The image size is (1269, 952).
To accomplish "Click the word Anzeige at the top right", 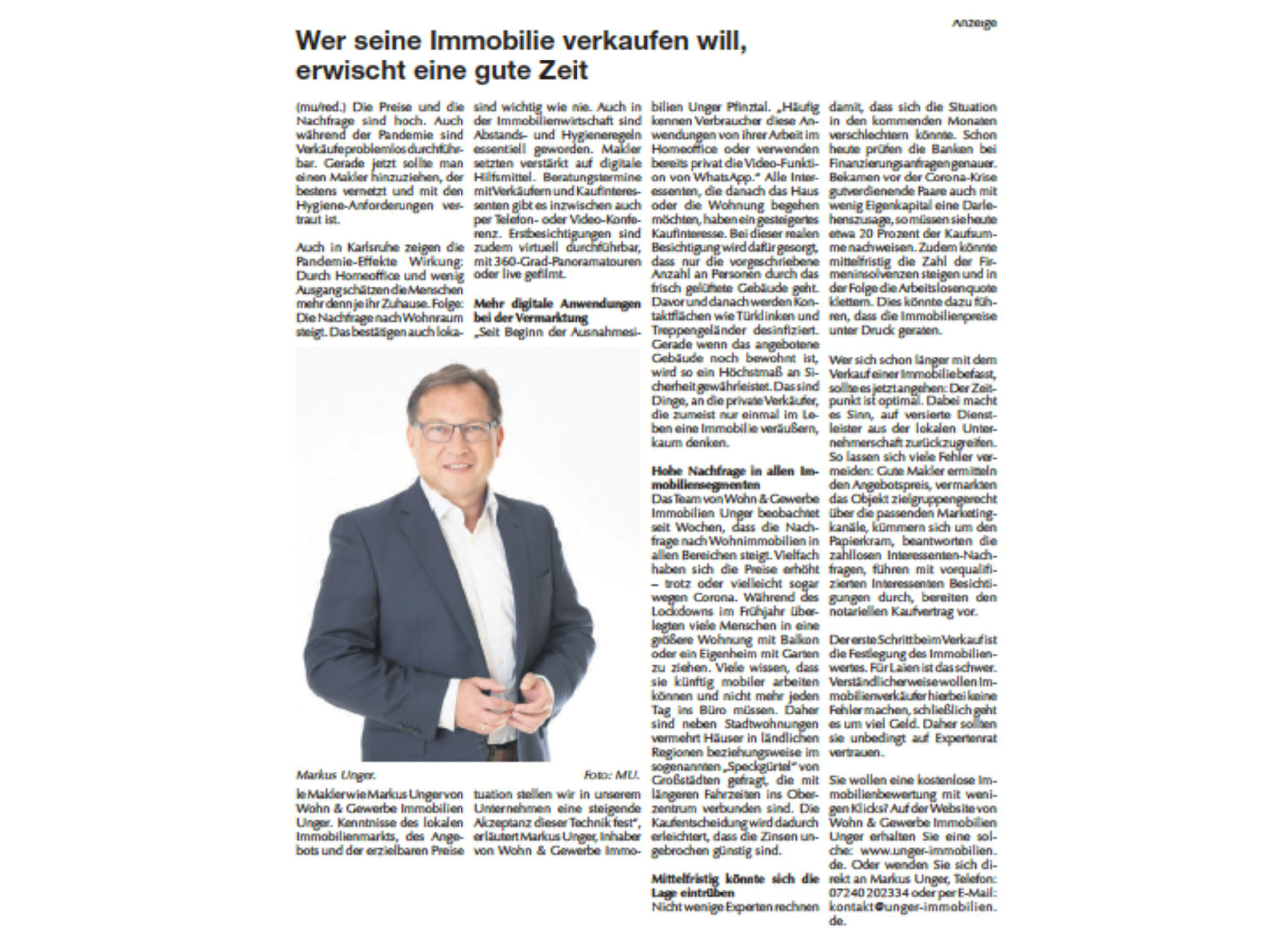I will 974,23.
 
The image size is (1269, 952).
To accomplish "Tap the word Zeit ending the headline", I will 564,70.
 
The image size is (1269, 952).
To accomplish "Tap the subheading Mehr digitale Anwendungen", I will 557,304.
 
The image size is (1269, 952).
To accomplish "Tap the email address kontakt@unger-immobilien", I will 913,907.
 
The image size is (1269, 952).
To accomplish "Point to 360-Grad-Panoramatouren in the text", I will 570,262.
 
